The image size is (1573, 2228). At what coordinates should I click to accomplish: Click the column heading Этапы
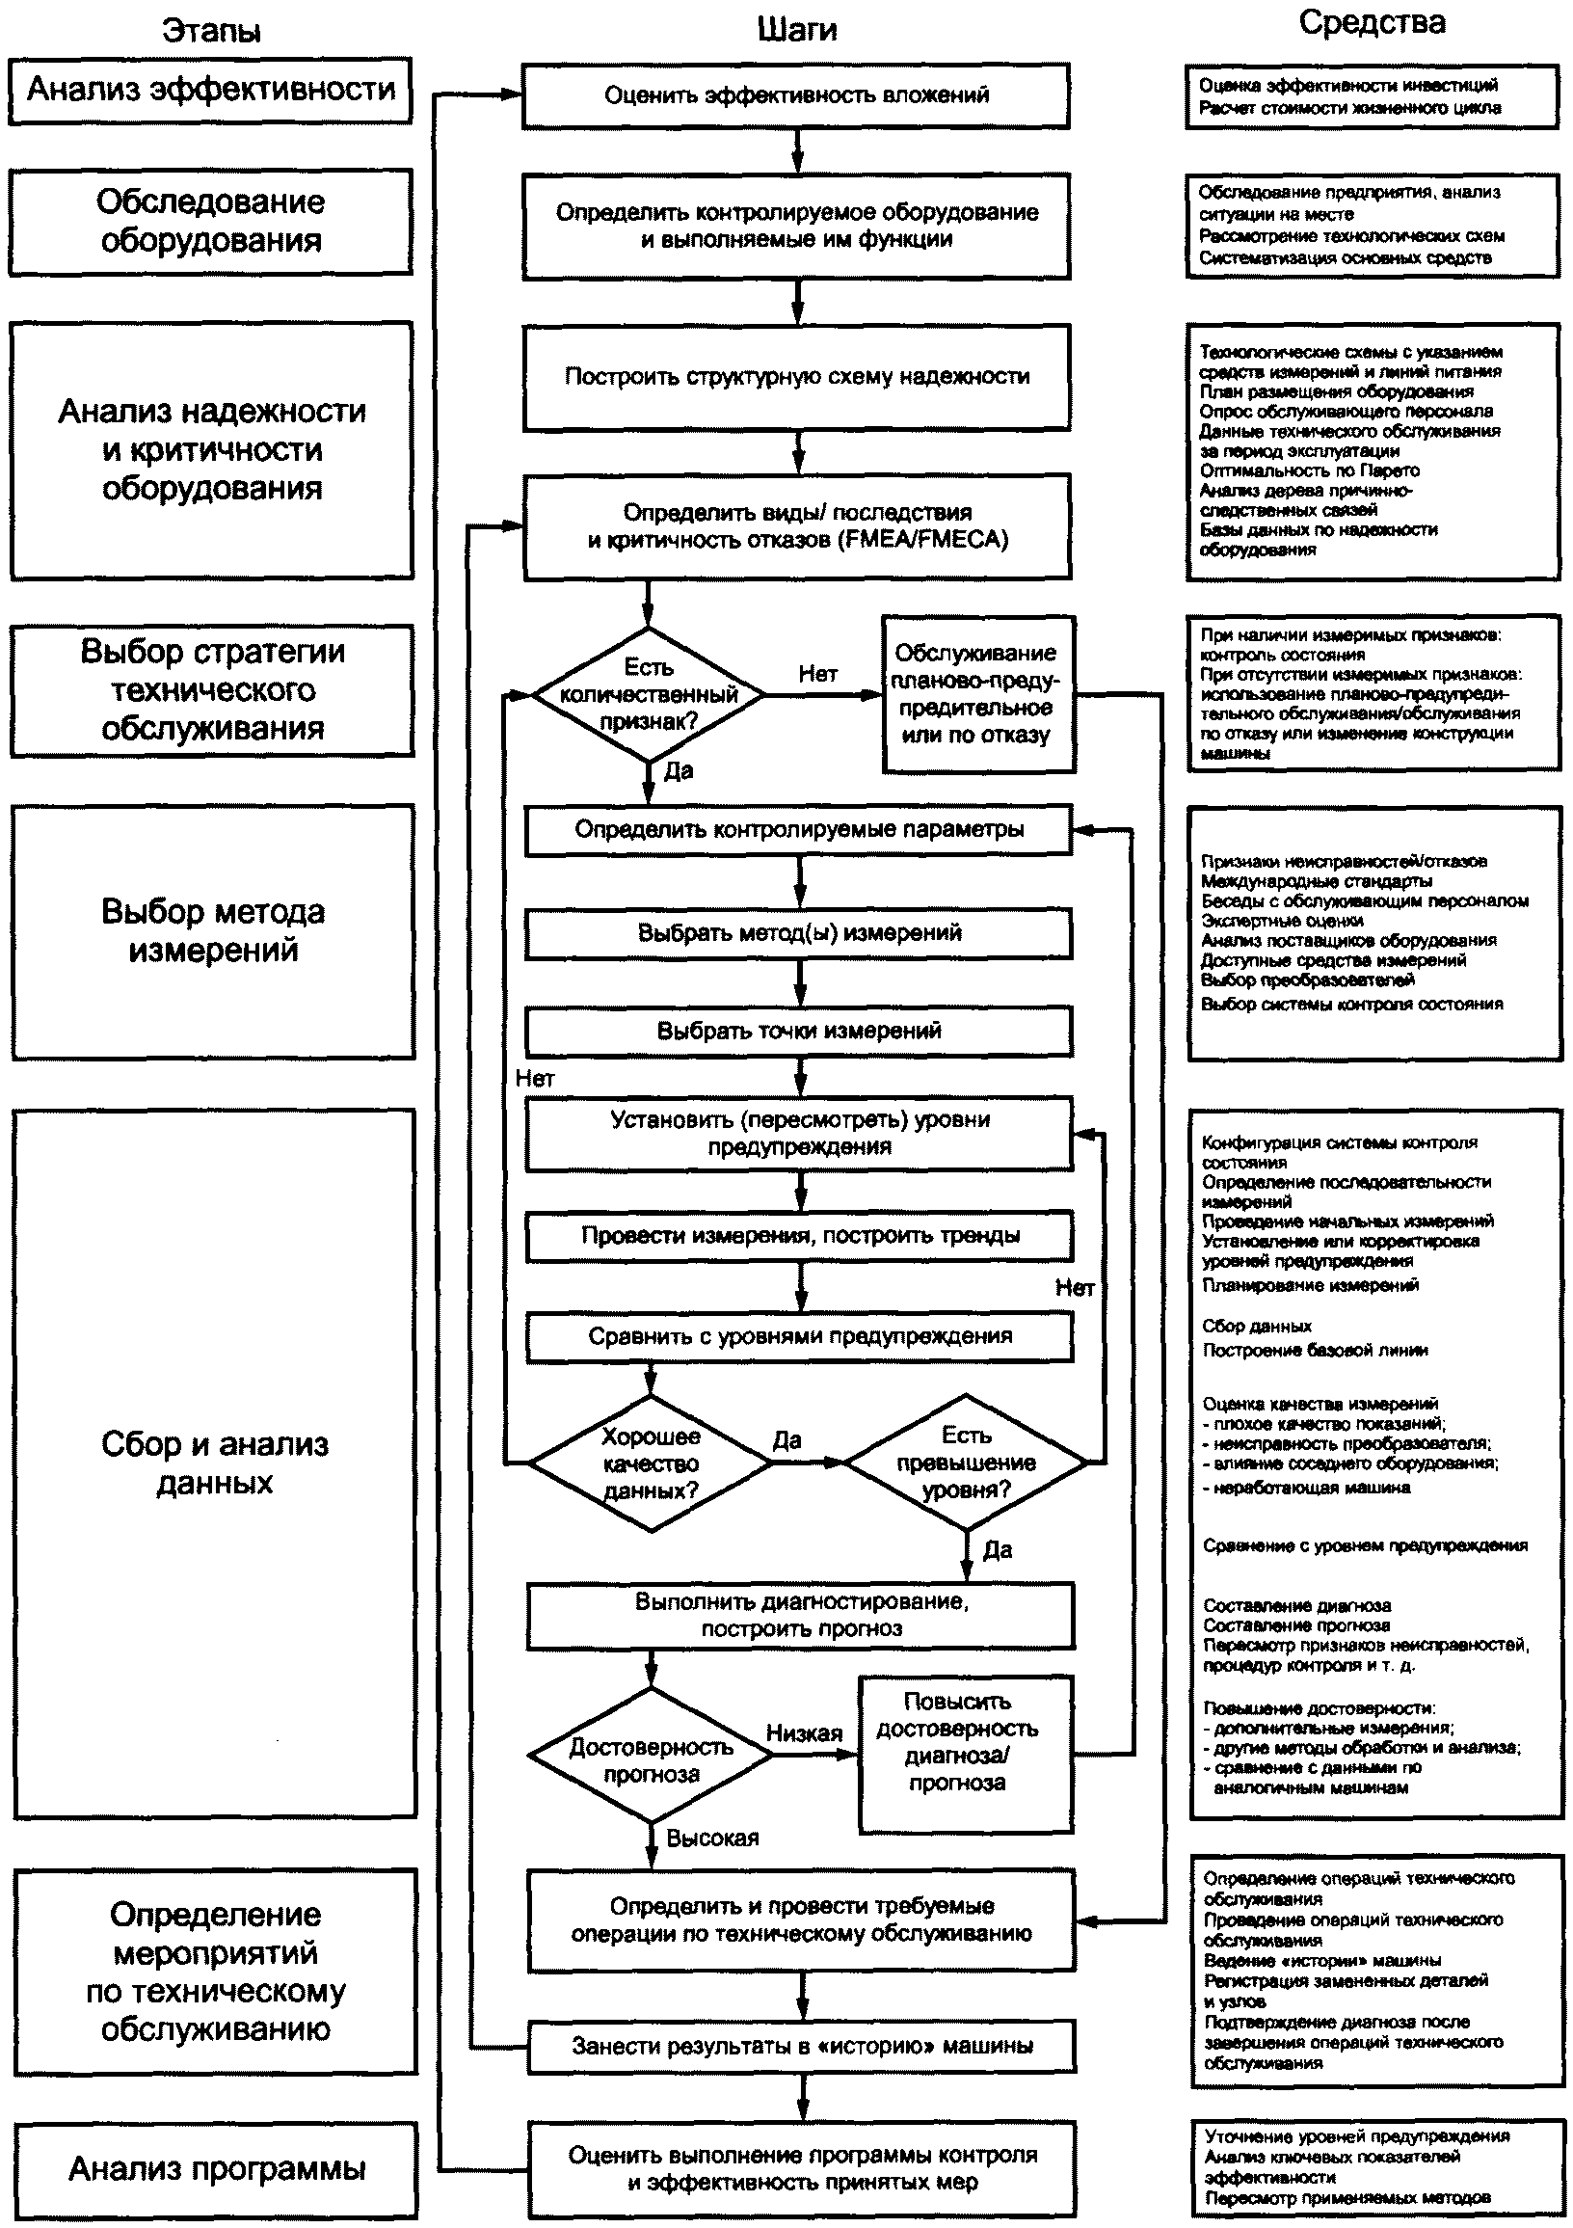(x=210, y=31)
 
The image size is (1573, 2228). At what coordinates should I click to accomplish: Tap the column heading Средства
(x=1372, y=23)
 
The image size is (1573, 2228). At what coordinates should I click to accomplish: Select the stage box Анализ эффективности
(x=210, y=91)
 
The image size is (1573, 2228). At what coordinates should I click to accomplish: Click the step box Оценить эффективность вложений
(x=796, y=95)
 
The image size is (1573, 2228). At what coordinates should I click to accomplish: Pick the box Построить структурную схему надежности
(x=797, y=377)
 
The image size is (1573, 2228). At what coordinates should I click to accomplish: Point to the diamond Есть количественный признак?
(x=649, y=695)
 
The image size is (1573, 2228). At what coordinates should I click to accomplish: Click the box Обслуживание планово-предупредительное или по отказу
(x=977, y=694)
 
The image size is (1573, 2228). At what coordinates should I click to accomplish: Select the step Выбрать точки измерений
(x=799, y=1031)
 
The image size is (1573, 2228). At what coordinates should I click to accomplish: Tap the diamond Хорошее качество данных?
(x=651, y=1463)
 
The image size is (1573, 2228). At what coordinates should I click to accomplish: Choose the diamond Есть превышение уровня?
(x=966, y=1462)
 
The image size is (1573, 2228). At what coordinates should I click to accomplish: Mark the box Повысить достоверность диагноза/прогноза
(x=965, y=1754)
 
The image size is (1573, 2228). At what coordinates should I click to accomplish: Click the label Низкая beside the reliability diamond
(x=804, y=1733)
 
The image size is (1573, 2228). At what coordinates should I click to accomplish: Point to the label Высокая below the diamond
(x=712, y=1838)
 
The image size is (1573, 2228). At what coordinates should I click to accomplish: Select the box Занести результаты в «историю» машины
(x=802, y=2047)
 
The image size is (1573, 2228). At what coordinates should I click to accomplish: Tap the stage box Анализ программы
(x=217, y=2169)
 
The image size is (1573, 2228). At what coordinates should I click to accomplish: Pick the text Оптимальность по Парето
(x=1309, y=470)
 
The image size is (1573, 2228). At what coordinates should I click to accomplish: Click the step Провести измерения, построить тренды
(x=800, y=1235)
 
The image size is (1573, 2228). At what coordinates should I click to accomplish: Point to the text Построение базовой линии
(x=1315, y=1350)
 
